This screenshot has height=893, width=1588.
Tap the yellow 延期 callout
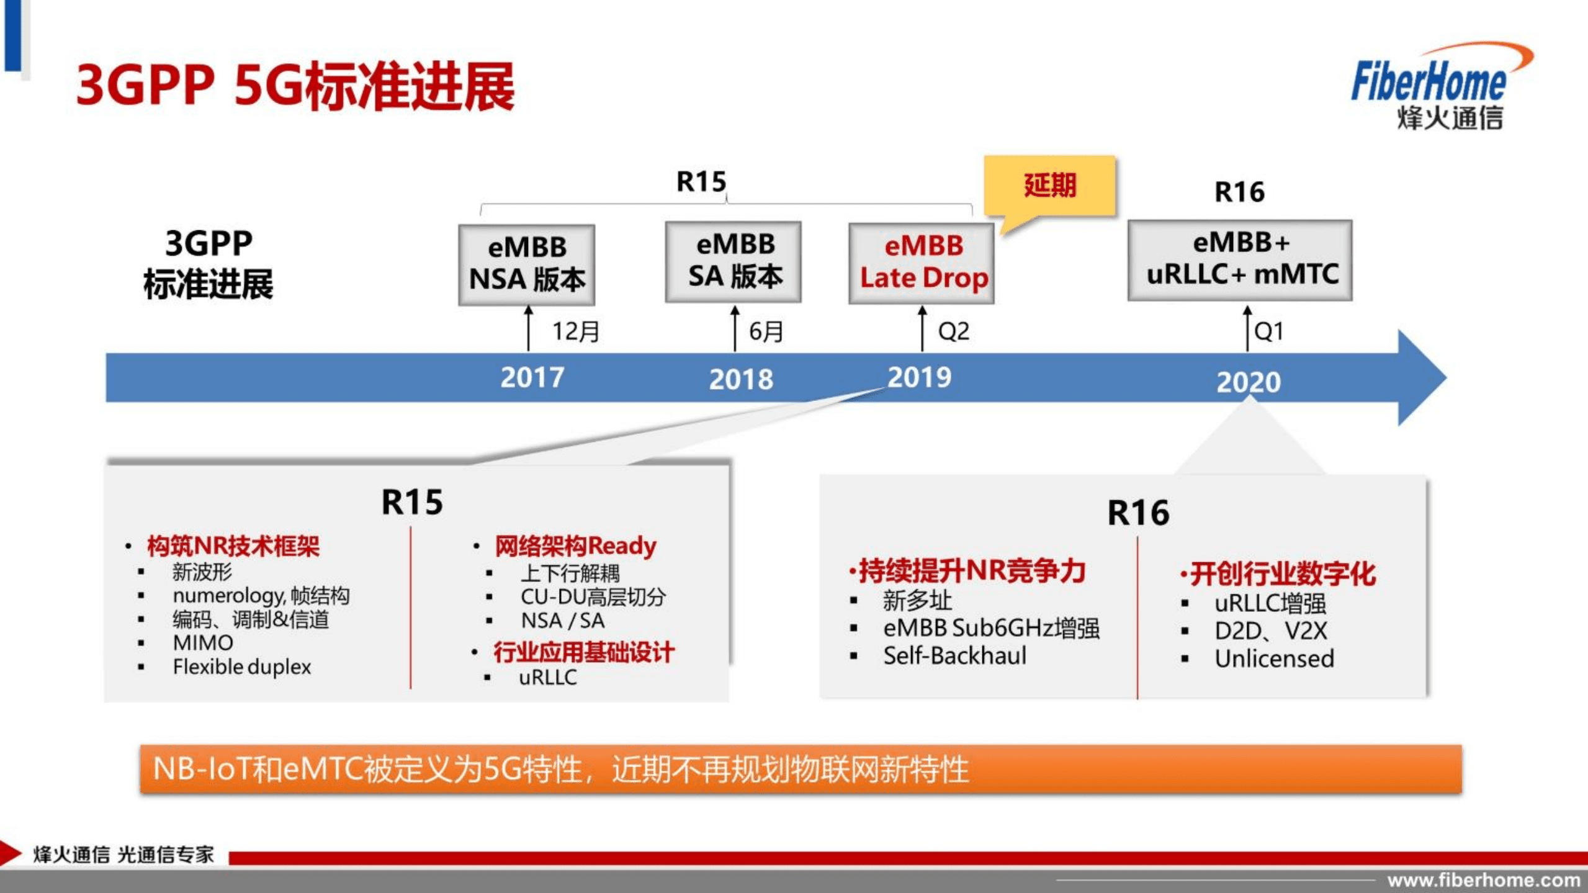coord(1049,186)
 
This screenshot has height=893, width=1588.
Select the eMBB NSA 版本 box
coord(527,264)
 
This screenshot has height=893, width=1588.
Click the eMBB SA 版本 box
coord(734,261)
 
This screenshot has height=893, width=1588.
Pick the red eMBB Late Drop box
coord(922,263)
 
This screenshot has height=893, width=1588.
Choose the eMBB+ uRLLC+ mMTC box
coord(1240,260)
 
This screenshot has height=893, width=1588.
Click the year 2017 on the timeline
coord(532,377)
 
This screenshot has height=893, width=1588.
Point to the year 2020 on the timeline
coord(1248,382)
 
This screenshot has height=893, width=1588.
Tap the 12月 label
coord(576,331)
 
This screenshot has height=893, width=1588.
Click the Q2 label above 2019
coord(954,331)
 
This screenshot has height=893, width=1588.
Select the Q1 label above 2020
coord(1268,331)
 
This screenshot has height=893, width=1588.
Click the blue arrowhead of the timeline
coord(1421,377)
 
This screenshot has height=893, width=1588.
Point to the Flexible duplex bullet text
coord(241,667)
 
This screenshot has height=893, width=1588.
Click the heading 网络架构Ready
coord(575,546)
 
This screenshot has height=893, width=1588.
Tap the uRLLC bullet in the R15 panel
coord(547,677)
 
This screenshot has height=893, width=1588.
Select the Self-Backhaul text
coord(954,656)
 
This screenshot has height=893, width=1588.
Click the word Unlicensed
coord(1274,659)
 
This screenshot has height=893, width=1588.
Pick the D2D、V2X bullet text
coord(1270,631)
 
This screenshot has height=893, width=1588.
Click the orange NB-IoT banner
coord(801,770)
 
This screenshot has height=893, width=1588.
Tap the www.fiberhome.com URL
coord(1484,880)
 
